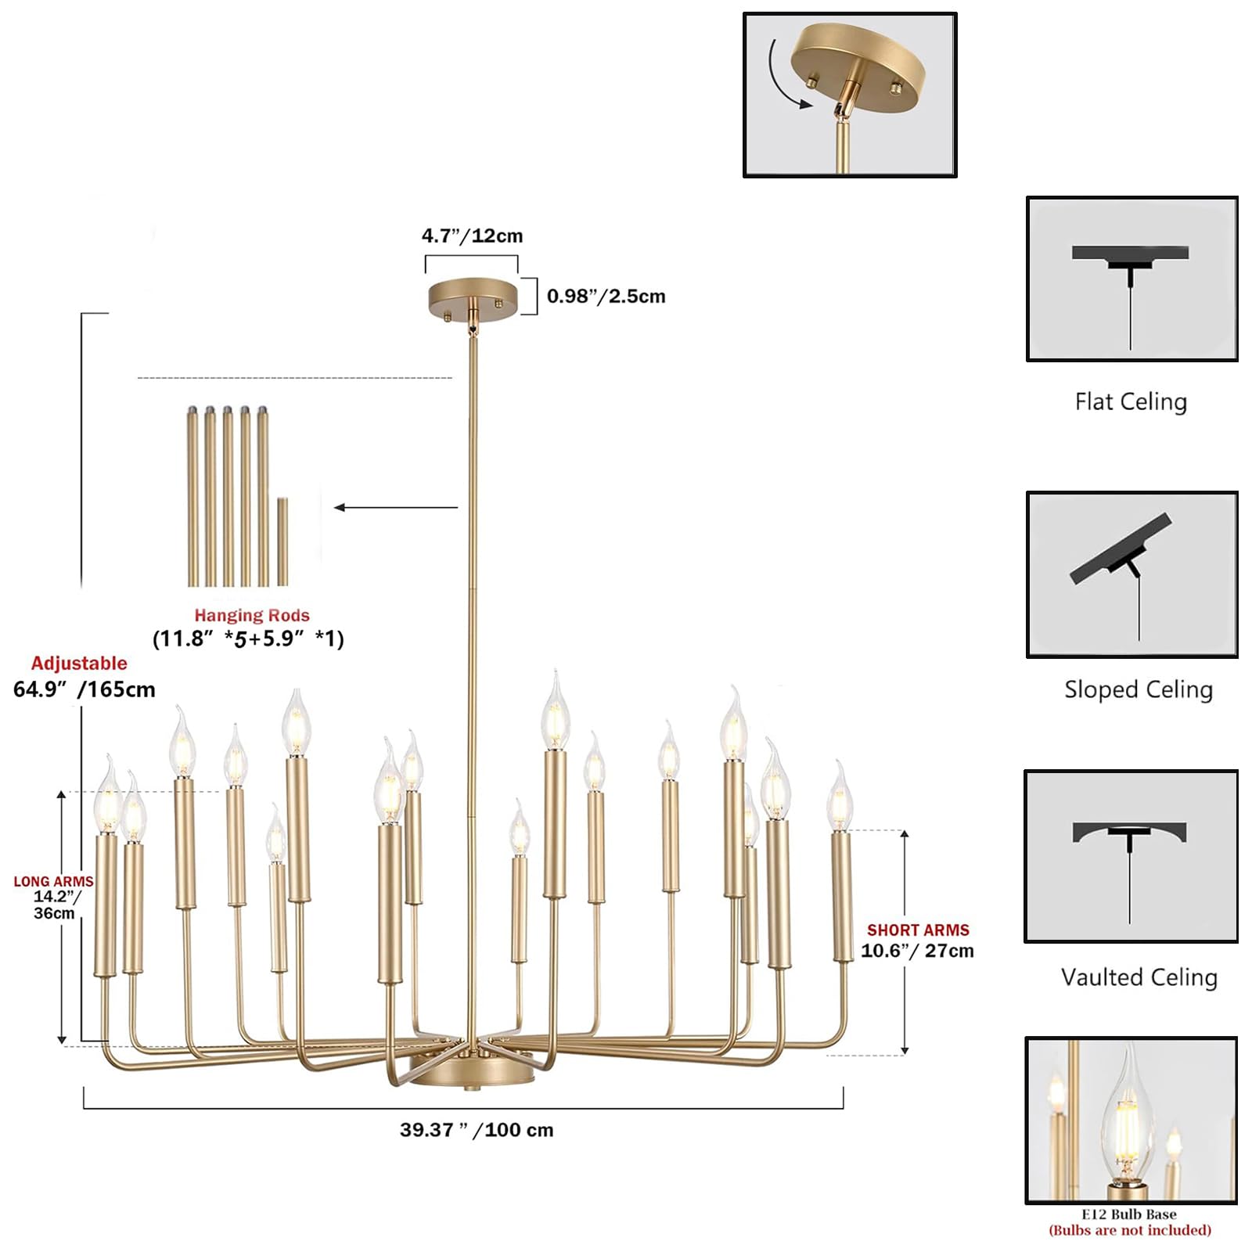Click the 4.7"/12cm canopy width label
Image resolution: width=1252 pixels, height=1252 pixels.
(x=472, y=236)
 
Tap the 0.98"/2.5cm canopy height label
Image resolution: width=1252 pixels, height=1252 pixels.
(x=606, y=296)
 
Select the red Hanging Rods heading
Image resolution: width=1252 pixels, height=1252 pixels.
(x=252, y=615)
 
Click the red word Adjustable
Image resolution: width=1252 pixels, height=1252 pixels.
(x=79, y=664)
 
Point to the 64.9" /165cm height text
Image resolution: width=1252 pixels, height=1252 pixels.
(x=85, y=689)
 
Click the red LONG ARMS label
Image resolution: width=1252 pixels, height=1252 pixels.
(x=53, y=881)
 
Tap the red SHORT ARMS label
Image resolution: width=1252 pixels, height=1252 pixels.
(x=918, y=930)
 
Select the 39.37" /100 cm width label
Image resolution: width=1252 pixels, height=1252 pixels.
(x=477, y=1130)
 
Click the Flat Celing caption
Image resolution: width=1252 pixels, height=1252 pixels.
(x=1131, y=401)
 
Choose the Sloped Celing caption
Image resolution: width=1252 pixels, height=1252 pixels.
(x=1139, y=689)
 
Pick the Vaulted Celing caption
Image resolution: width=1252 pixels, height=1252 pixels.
(x=1139, y=977)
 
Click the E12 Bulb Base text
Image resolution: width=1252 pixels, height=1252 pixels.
(x=1129, y=1214)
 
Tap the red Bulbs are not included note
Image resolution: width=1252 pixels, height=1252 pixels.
(x=1130, y=1230)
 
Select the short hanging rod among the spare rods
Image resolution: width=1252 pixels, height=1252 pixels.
(x=282, y=541)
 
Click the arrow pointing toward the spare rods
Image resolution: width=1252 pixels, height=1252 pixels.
(x=396, y=508)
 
